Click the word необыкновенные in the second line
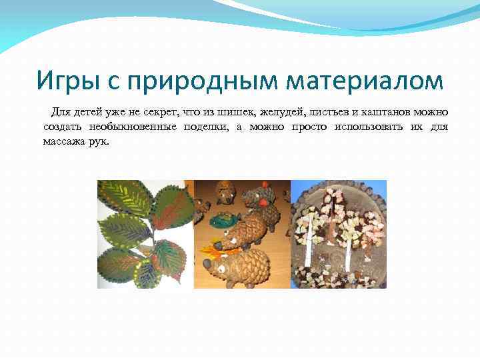[x=127, y=127]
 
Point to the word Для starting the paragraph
[x=62, y=111]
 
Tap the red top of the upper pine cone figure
[x=265, y=185]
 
